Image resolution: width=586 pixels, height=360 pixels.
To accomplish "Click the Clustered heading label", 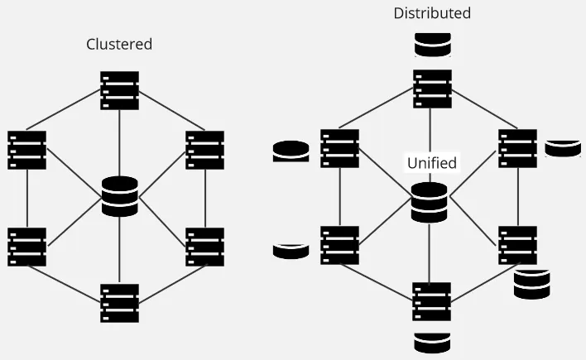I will pyautogui.click(x=119, y=44).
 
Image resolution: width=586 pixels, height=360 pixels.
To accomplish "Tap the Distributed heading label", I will pyautogui.click(x=432, y=13).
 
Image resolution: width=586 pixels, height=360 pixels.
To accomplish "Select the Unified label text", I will pyautogui.click(x=431, y=162).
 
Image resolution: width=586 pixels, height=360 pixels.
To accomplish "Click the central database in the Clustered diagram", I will pyautogui.click(x=120, y=196).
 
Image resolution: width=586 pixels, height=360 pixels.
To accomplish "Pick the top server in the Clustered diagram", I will pyautogui.click(x=120, y=90).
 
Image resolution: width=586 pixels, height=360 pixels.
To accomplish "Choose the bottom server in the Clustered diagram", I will pyautogui.click(x=120, y=303).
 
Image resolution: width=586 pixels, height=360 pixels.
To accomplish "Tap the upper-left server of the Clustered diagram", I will pyautogui.click(x=27, y=150).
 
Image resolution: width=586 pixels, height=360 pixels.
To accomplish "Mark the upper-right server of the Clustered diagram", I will pyautogui.click(x=205, y=150).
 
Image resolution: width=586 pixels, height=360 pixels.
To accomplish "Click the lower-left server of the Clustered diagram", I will pyautogui.click(x=27, y=247).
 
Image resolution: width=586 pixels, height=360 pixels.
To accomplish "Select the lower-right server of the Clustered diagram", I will pyautogui.click(x=205, y=247).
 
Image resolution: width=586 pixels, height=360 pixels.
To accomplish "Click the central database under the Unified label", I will pyautogui.click(x=430, y=202).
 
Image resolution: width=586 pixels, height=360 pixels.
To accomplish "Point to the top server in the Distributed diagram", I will pyautogui.click(x=433, y=89).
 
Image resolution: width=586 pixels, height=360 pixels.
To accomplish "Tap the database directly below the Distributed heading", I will pyautogui.click(x=433, y=45).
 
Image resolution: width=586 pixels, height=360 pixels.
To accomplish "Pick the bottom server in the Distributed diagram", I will pyautogui.click(x=432, y=301).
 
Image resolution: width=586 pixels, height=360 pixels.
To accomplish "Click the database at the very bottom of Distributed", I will pyautogui.click(x=432, y=342).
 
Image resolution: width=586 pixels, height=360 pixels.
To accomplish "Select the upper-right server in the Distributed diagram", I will pyautogui.click(x=518, y=148).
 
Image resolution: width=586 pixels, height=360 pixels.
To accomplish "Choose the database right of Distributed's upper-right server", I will pyautogui.click(x=563, y=148).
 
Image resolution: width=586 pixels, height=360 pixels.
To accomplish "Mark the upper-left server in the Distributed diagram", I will pyautogui.click(x=340, y=148).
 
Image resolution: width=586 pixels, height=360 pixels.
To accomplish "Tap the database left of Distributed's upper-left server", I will pyautogui.click(x=291, y=151).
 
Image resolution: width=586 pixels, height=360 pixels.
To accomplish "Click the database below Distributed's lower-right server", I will pyautogui.click(x=532, y=283).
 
